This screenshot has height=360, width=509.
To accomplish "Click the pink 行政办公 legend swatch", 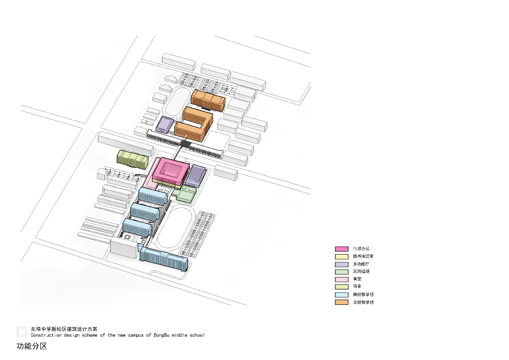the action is coord(341,249).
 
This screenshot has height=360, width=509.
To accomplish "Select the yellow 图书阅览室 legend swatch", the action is coord(341,257).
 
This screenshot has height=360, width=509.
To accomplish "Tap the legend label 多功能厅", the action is coord(361,264).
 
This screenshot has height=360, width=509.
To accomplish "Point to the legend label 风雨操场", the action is coord(361,271).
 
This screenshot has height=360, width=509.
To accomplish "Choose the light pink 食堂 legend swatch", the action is coord(341,279).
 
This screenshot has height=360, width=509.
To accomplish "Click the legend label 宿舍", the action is coord(357,287).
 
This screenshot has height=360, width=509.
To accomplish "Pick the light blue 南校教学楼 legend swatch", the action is coord(341,295).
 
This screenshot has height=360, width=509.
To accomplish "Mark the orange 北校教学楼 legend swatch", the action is coord(341,302).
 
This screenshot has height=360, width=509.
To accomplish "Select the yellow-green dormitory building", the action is coord(132,159).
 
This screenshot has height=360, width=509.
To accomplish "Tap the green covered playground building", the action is coord(185,194).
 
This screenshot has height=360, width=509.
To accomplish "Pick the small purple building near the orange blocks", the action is coord(164,124).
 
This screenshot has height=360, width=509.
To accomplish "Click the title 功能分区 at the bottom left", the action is coord(32,346).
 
